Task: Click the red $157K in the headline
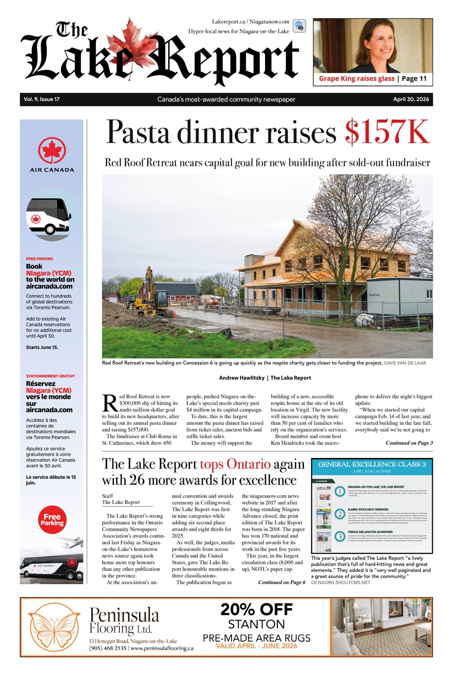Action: (x=387, y=132)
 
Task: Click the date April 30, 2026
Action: (x=411, y=99)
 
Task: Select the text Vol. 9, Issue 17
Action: (x=42, y=99)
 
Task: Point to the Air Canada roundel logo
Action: (x=52, y=151)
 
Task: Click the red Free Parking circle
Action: (x=52, y=520)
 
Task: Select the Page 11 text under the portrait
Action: (x=414, y=79)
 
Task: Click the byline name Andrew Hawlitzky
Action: (x=242, y=378)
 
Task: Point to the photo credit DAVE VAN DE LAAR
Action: (x=405, y=363)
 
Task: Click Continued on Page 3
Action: (x=409, y=443)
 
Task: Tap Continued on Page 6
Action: (x=282, y=582)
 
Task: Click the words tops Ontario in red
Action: (x=235, y=464)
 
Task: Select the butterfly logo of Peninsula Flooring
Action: (x=54, y=627)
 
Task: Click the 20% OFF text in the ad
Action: (x=256, y=609)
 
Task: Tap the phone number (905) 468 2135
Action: (x=108, y=648)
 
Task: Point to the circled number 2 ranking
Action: (x=340, y=514)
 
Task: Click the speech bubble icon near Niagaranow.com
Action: (x=299, y=26)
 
